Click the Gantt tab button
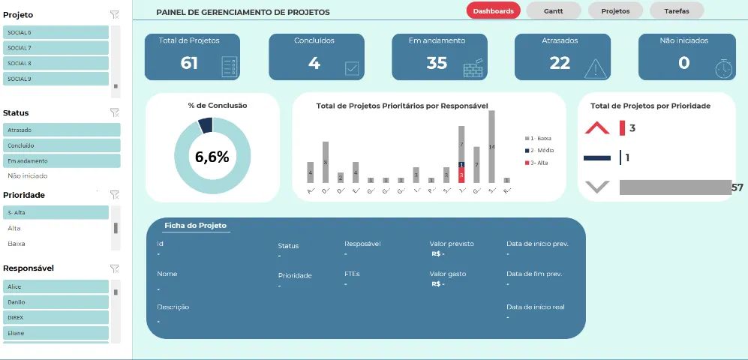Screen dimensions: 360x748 [554, 10]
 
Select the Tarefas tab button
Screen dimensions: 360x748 [677, 10]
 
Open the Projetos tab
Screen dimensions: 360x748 [615, 10]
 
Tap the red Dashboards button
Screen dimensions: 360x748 [493, 10]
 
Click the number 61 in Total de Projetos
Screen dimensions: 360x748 [189, 63]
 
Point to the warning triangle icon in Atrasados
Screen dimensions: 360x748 [596, 67]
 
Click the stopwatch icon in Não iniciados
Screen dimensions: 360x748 [723, 67]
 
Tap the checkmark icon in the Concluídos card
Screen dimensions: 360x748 [351, 68]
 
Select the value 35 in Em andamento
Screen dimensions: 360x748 [437, 63]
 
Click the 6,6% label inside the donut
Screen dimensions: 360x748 [212, 157]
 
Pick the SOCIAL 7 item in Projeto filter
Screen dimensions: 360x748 [56, 48]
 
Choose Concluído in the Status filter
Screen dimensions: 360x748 [62, 145]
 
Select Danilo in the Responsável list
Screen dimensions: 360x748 [56, 301]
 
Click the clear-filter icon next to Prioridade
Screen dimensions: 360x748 [114, 194]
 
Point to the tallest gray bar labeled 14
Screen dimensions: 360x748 [491, 146]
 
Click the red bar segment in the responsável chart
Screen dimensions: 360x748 [461, 175]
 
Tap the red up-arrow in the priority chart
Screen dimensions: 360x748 [597, 128]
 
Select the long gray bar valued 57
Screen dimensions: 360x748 [674, 187]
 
